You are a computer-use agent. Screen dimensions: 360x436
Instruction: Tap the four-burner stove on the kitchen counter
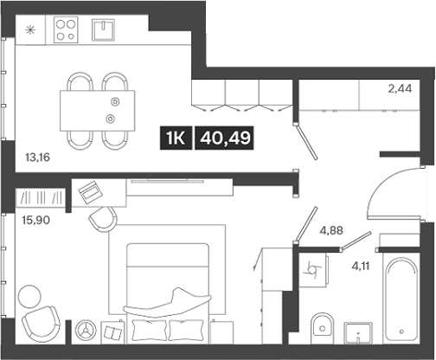tap(66, 30)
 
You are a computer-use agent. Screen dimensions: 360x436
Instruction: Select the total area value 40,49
tap(224, 137)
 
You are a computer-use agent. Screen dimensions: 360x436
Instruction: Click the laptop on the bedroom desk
tap(90, 192)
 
